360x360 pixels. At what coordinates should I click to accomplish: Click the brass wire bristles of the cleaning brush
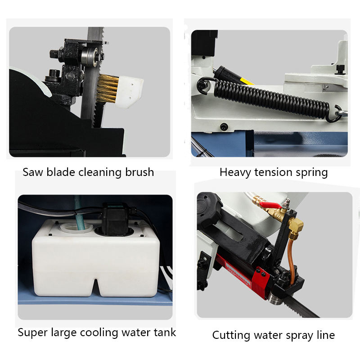107,88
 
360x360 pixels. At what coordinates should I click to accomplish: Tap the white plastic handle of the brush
129,91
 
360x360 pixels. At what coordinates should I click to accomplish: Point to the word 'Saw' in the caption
32,172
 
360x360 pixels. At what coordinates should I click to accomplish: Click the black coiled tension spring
271,99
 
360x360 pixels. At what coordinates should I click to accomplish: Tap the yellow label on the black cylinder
246,81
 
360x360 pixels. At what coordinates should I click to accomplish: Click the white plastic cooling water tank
96,258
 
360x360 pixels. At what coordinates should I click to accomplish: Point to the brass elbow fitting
296,226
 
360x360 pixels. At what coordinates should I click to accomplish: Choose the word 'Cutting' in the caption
231,336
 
